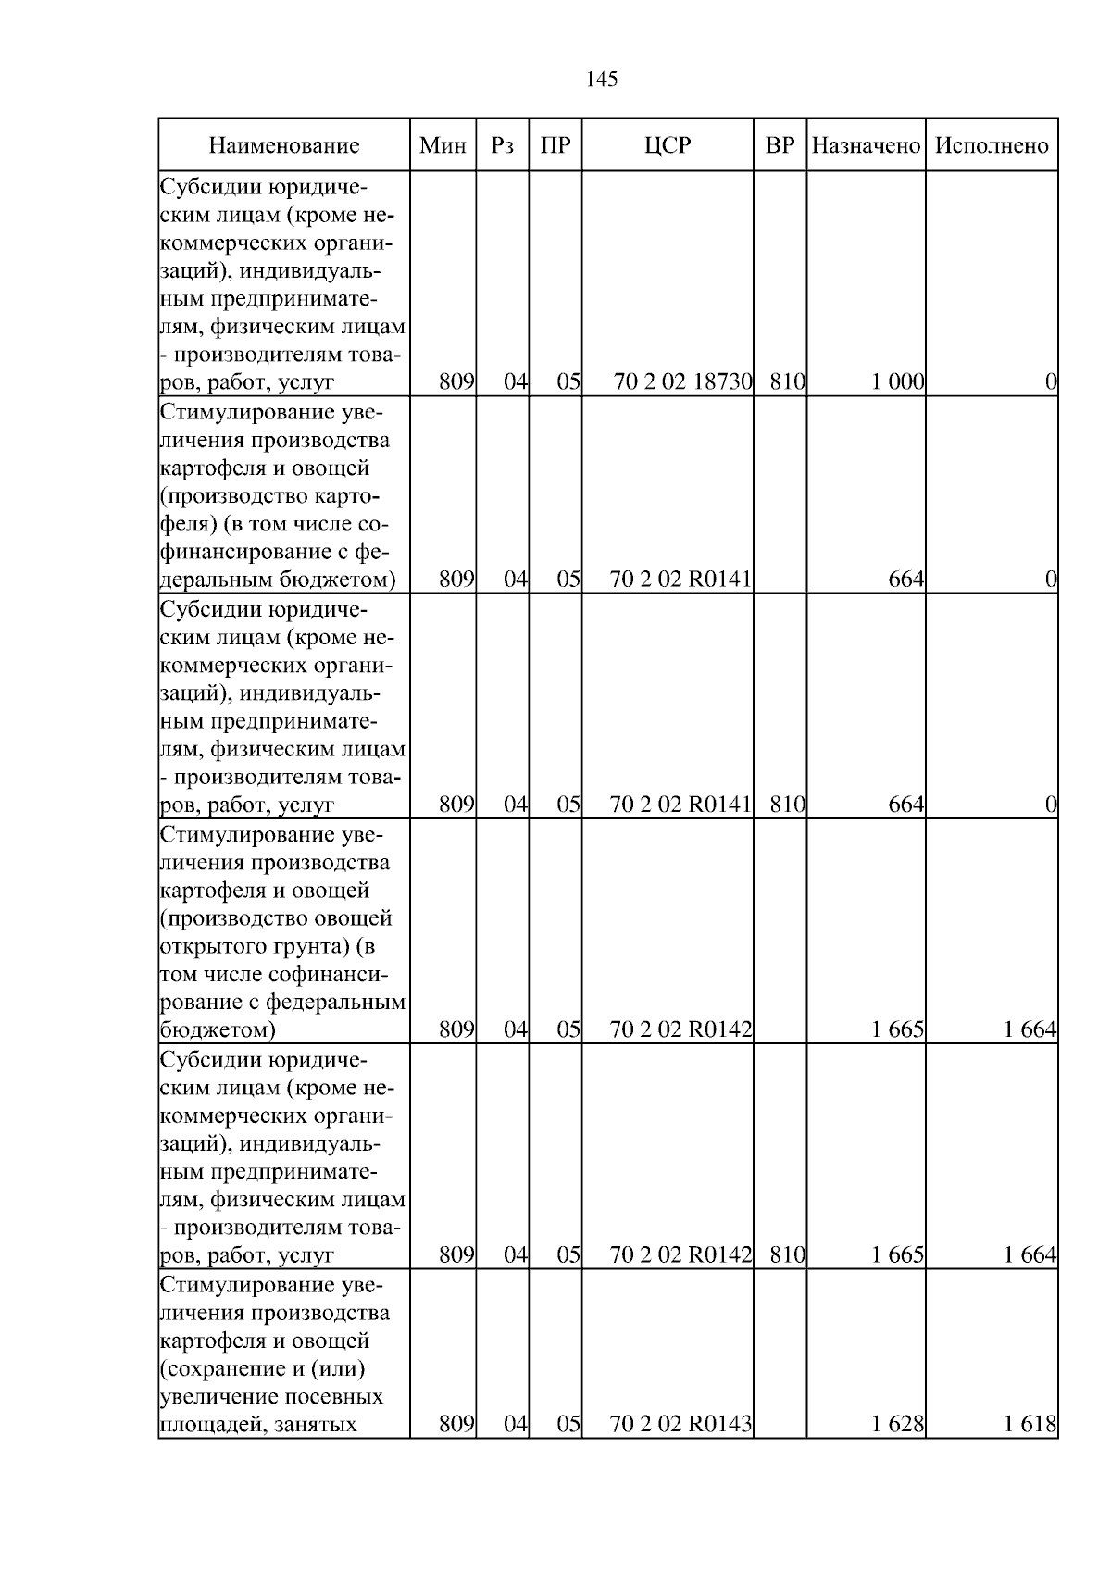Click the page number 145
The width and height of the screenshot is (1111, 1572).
click(x=602, y=80)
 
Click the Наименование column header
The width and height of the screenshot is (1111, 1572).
click(x=283, y=145)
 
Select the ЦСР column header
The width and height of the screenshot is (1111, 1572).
click(x=667, y=145)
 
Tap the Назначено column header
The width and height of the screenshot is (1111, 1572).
click(x=866, y=145)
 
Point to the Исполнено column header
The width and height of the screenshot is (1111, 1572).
click(x=992, y=145)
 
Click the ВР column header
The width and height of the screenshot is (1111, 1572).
click(x=780, y=145)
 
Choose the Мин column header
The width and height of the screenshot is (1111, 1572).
click(x=443, y=145)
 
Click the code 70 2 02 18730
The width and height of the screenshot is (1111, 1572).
click(x=682, y=381)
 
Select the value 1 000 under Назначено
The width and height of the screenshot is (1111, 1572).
click(x=897, y=381)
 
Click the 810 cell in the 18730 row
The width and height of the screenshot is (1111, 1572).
click(x=787, y=381)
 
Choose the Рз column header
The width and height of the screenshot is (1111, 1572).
click(x=502, y=145)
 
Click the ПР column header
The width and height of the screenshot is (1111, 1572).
click(x=555, y=145)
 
